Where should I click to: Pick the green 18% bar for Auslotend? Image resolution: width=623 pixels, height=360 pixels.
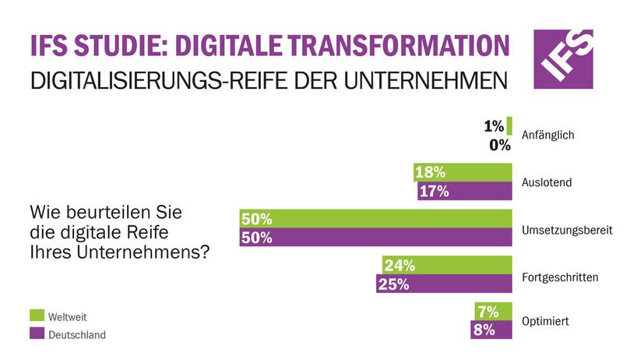pos(463,172)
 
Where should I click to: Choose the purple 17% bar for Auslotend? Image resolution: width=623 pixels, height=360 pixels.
pos(465,192)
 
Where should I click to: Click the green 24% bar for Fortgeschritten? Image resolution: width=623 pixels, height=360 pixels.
pos(447,265)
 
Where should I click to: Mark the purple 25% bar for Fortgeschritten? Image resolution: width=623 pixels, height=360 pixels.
pos(444,284)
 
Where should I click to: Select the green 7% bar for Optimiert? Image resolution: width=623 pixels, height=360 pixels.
pos(494,311)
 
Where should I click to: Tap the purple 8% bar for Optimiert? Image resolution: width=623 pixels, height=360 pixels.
pos(492,330)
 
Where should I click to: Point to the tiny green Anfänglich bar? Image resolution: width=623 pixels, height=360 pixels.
pos(509,125)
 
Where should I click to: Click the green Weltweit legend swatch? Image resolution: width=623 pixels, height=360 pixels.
pos(36,316)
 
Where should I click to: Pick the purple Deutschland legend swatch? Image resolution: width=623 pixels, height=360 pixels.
pos(36,334)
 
